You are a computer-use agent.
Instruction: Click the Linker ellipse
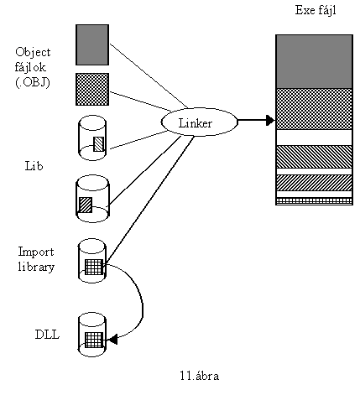[x=199, y=122]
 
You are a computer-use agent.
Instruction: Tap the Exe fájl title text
[x=316, y=11]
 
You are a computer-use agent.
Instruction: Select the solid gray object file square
[x=92, y=44]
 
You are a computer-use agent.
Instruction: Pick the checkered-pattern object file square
[x=92, y=90]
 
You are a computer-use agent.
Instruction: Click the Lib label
[x=34, y=166]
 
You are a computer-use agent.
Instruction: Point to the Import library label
[x=36, y=259]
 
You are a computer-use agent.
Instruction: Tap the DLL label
[x=47, y=335]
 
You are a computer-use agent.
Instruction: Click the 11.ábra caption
[x=199, y=376]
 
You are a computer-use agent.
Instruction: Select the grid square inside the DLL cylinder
[x=94, y=340]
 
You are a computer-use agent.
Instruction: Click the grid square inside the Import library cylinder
[x=94, y=267]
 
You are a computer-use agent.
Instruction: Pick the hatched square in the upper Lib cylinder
[x=98, y=144]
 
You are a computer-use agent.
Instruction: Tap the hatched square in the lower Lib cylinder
[x=86, y=205]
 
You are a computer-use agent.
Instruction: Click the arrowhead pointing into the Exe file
[x=271, y=120]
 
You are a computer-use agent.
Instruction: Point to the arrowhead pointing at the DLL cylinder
[x=112, y=340]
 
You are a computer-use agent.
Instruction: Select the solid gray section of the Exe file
[x=314, y=62]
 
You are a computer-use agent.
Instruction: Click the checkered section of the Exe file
[x=314, y=109]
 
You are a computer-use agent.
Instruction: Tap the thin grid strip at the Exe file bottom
[x=314, y=201]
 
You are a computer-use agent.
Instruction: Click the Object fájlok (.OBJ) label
[x=33, y=67]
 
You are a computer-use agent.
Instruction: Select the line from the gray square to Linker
[x=149, y=75]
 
